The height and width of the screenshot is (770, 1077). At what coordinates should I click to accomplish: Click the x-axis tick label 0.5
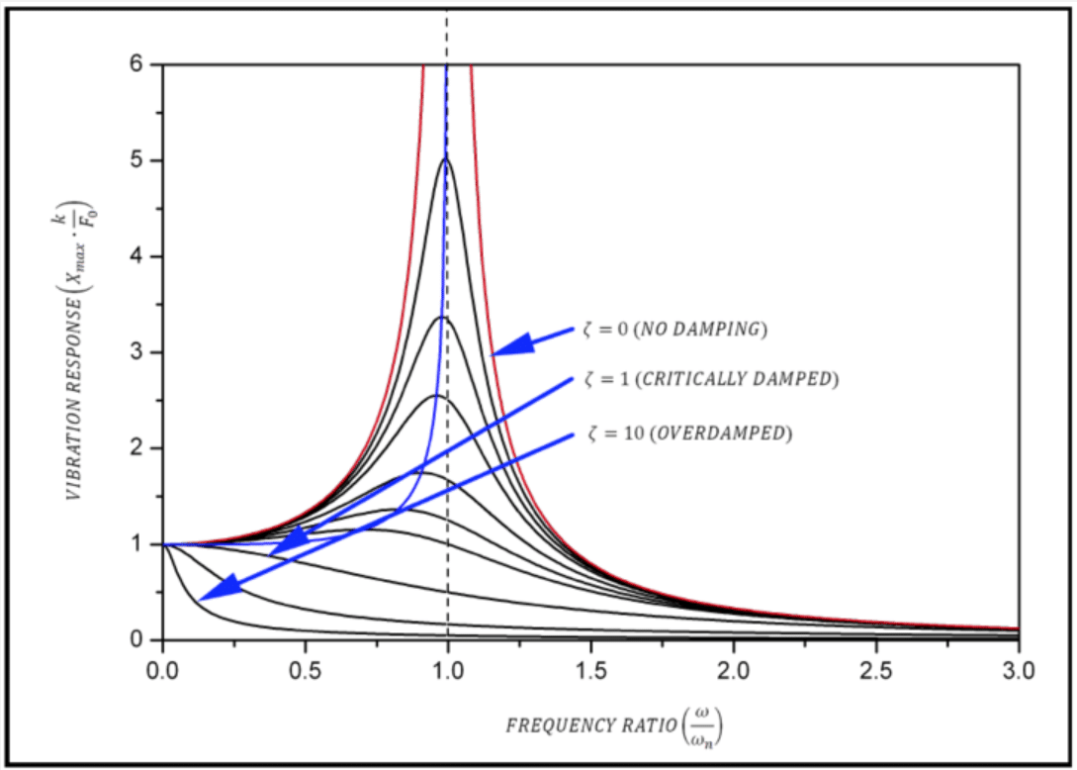[305, 670]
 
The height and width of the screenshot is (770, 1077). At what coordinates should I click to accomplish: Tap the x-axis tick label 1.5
[590, 670]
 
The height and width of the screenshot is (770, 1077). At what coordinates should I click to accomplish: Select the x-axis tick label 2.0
[733, 670]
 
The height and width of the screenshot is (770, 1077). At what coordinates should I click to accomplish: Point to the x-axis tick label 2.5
[876, 670]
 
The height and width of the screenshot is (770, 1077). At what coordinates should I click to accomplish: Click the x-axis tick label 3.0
[1019, 670]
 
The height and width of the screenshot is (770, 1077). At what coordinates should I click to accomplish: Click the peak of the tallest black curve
[446, 159]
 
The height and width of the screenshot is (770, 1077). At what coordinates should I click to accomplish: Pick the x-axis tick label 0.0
[162, 670]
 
